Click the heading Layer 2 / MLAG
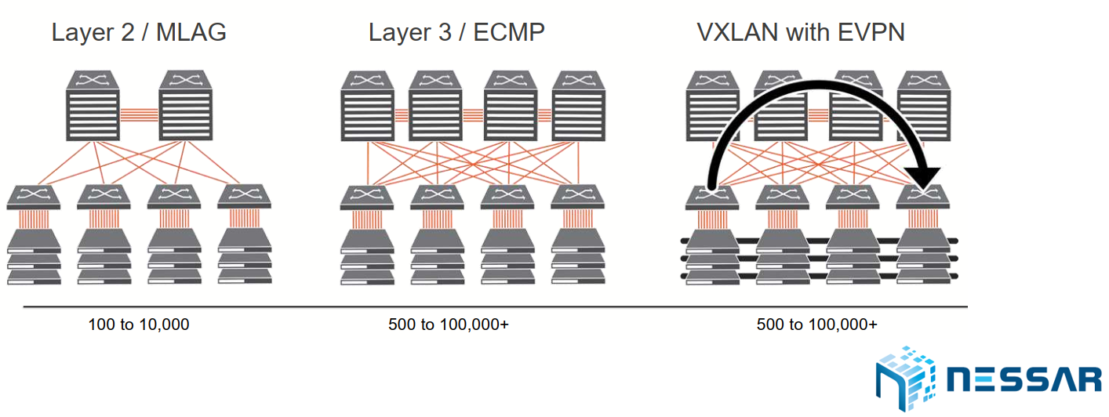click(x=139, y=33)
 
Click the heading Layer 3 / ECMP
click(x=456, y=33)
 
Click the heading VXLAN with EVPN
click(x=801, y=33)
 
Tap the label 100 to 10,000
click(x=138, y=324)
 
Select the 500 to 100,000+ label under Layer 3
click(x=448, y=324)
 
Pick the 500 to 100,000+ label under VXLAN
click(x=816, y=324)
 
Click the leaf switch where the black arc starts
click(x=711, y=197)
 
